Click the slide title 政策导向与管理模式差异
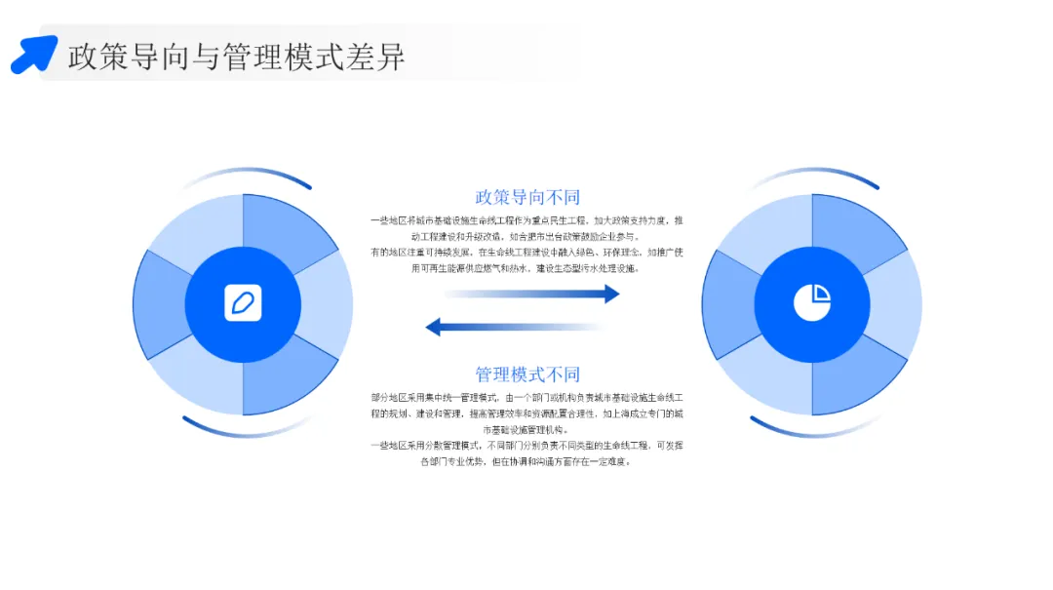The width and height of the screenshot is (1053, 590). coord(237,56)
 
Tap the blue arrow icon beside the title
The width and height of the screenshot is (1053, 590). coord(34,54)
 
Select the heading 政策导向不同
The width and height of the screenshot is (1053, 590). coord(527,198)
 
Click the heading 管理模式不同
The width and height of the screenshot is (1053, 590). coord(527,374)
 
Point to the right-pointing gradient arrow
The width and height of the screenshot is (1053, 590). coord(531,294)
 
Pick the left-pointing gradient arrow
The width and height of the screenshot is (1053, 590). coord(514,327)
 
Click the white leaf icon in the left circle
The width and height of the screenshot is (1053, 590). coord(243,303)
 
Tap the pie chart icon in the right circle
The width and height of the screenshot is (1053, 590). coord(811,303)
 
